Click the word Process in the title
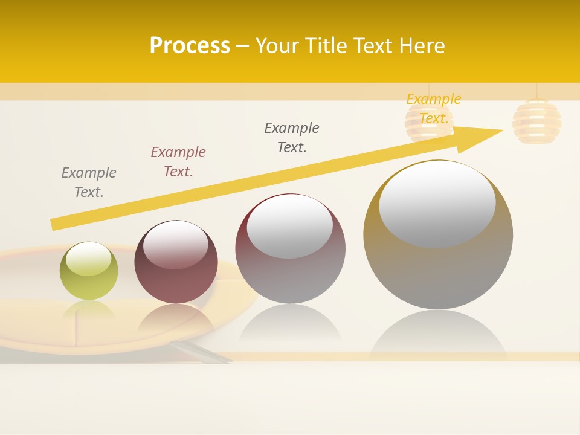[x=190, y=46]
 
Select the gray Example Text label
[x=89, y=182]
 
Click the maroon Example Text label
[x=178, y=162]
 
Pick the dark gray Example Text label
[x=292, y=138]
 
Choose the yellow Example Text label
[x=434, y=109]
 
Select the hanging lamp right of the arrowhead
[x=536, y=121]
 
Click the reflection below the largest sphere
[x=438, y=335]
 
